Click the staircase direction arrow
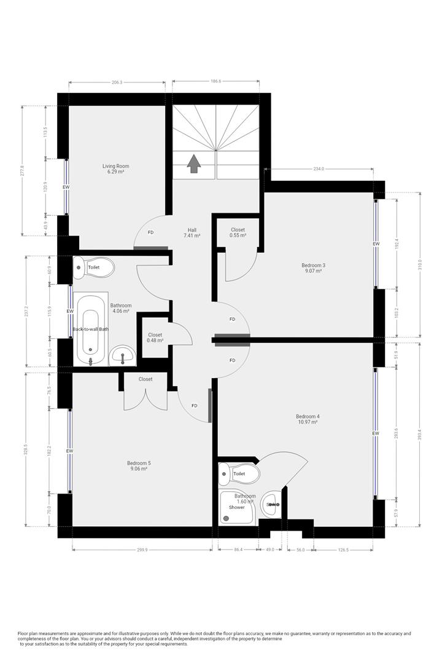coord(194,164)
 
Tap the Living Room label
coord(115,169)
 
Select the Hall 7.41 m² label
coord(192,232)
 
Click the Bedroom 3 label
coord(313,268)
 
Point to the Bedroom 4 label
coord(308,419)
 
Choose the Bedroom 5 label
coord(138,465)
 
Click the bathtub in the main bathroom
coord(91,330)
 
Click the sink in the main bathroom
coord(123,355)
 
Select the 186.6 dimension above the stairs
coord(215,81)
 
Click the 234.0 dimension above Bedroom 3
coord(318,168)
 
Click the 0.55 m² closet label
coord(238,232)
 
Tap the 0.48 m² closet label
coord(155,338)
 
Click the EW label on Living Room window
coord(66,187)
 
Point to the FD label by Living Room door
coord(150,232)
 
